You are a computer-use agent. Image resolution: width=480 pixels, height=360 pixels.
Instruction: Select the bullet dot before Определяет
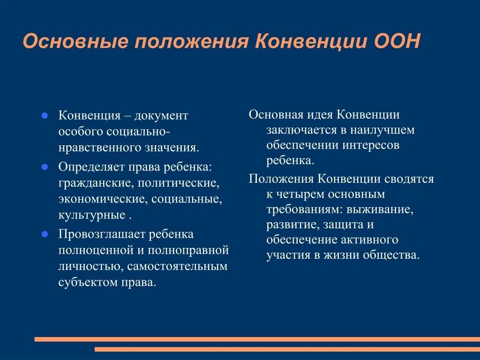[x=45, y=166]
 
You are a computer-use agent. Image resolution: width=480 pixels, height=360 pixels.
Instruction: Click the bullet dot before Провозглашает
[x=45, y=233]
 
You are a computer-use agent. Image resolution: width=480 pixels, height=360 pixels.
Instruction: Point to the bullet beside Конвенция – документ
[x=45, y=115]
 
